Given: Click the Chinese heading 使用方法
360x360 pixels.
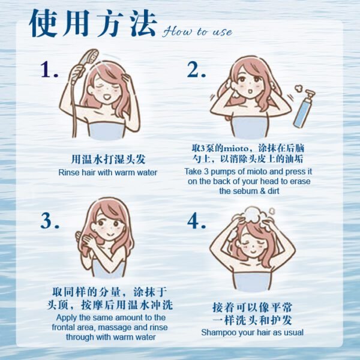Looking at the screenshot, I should tap(93, 24).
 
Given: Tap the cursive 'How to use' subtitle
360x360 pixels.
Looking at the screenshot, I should tap(197, 31).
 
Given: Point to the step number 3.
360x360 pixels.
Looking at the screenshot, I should tap(49, 221).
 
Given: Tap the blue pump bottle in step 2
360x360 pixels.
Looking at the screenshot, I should tap(302, 108).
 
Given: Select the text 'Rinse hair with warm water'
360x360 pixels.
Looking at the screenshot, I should tap(108, 173).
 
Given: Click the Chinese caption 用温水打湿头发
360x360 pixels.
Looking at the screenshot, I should tap(108, 160).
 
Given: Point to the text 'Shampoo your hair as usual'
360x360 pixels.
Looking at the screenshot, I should tap(252, 332).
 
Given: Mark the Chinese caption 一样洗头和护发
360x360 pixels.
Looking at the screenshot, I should tap(252, 320).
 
